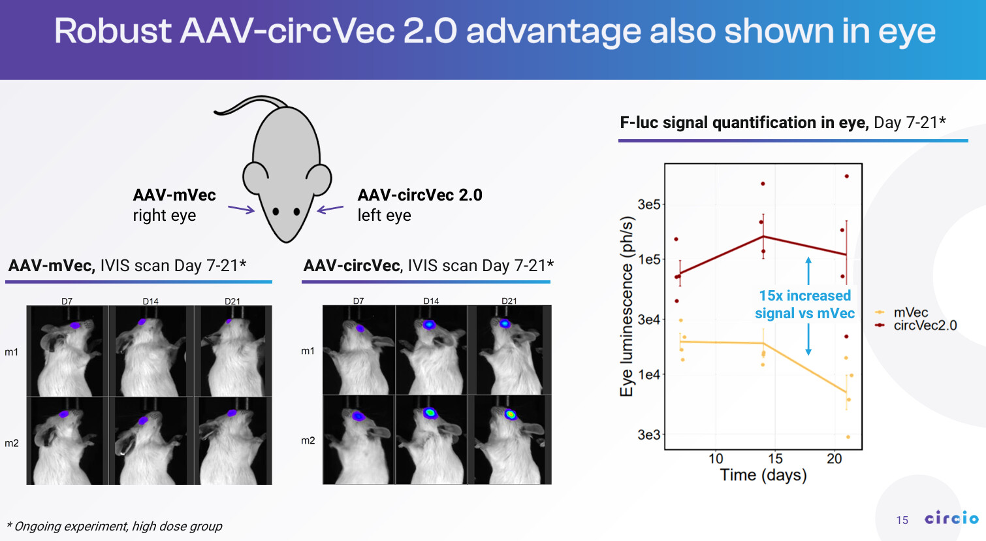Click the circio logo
pyautogui.click(x=951, y=518)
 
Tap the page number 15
pyautogui.click(x=902, y=520)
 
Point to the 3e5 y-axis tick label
pyautogui.click(x=649, y=205)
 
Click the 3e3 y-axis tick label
pyautogui.click(x=649, y=434)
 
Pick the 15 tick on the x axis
pyautogui.click(x=775, y=459)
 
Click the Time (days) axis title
pyautogui.click(x=763, y=475)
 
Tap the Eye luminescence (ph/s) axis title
pyautogui.click(x=627, y=306)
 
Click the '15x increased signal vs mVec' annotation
pyautogui.click(x=804, y=304)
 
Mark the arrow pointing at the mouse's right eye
pyautogui.click(x=241, y=210)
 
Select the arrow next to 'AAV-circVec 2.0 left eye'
pyautogui.click(x=330, y=209)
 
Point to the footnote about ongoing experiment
pyautogui.click(x=115, y=526)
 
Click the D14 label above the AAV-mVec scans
pyautogui.click(x=150, y=301)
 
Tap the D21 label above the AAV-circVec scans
pyautogui.click(x=509, y=301)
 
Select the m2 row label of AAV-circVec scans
pyautogui.click(x=308, y=440)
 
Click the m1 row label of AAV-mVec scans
pyautogui.click(x=12, y=352)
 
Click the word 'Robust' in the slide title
pyautogui.click(x=112, y=31)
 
